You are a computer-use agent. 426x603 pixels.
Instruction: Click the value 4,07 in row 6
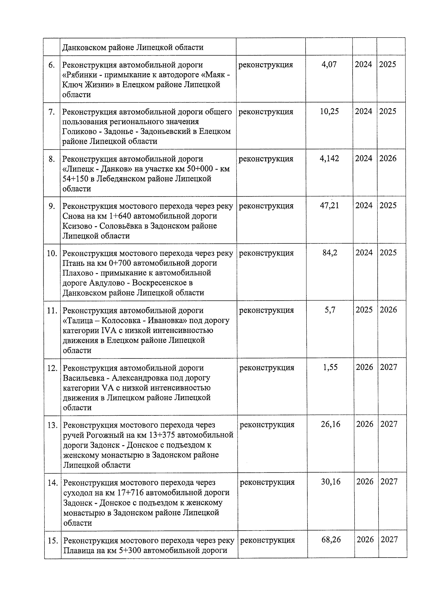pyautogui.click(x=329, y=65)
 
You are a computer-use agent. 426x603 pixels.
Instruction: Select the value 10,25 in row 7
pyautogui.click(x=329, y=112)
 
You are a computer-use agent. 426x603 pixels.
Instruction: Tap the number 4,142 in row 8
pyautogui.click(x=329, y=158)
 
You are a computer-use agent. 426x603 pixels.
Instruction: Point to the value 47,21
pyautogui.click(x=329, y=206)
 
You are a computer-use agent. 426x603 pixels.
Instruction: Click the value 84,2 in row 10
pyautogui.click(x=329, y=253)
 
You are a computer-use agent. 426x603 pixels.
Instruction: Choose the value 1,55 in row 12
pyautogui.click(x=330, y=367)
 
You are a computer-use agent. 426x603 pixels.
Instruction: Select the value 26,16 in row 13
pyautogui.click(x=331, y=424)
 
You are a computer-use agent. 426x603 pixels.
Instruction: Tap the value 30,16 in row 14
pyautogui.click(x=331, y=482)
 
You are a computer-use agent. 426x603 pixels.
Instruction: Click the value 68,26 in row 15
pyautogui.click(x=331, y=540)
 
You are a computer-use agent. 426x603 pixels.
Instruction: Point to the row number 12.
pyautogui.click(x=52, y=368)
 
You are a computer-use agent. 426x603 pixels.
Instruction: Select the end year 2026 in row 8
pyautogui.click(x=388, y=158)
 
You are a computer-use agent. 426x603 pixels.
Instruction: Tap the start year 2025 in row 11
pyautogui.click(x=364, y=310)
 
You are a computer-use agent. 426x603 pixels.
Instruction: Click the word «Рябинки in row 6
pyautogui.click(x=79, y=75)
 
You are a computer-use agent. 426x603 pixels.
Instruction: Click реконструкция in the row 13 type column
pyautogui.click(x=267, y=425)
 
